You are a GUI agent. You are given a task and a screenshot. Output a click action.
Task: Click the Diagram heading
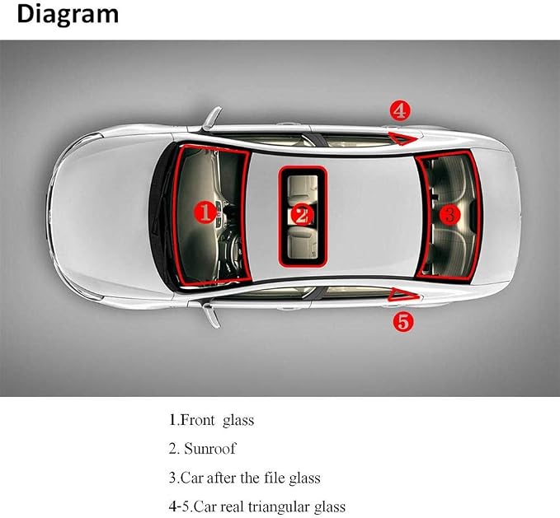(68, 15)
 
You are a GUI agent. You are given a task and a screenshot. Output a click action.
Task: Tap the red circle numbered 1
(205, 212)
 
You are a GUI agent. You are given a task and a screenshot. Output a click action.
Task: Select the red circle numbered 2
(302, 215)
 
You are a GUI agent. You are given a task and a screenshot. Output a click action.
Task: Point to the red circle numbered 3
(450, 214)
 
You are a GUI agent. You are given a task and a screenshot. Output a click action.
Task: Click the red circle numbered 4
(400, 110)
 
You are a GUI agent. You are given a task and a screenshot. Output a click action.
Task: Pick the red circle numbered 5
(403, 322)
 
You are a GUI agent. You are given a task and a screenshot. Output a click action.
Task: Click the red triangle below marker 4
(402, 138)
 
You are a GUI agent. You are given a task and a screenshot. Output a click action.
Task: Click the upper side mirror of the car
(210, 119)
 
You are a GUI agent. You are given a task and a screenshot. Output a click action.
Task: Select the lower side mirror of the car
(211, 315)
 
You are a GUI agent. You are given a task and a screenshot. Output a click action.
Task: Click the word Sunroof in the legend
(210, 449)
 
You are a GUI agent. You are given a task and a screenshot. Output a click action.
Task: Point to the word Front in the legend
(198, 420)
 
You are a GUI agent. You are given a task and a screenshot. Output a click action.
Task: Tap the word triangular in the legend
(279, 506)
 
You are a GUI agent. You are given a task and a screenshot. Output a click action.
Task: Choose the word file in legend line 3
(275, 478)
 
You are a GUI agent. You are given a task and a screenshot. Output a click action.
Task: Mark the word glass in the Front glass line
(238, 421)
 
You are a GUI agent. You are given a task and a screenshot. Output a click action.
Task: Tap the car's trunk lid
(496, 215)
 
